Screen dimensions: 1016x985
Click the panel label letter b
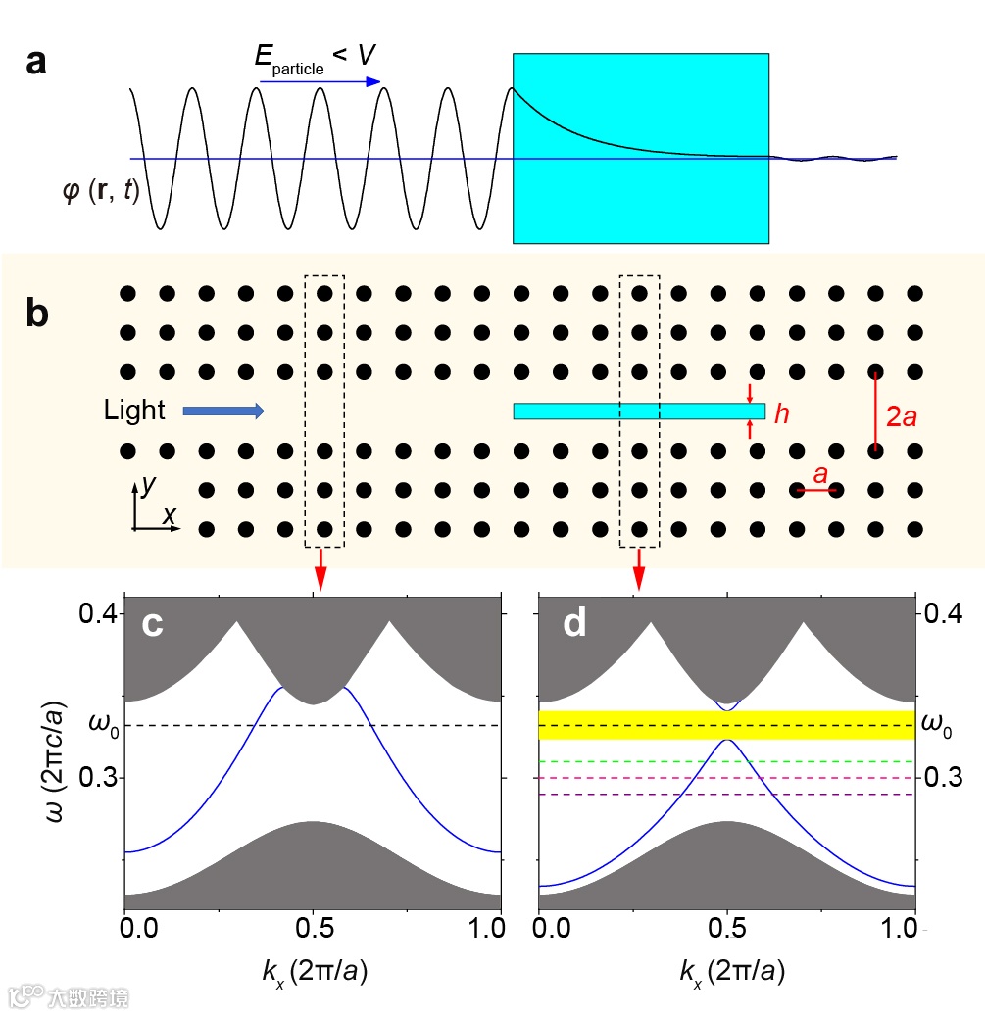36,315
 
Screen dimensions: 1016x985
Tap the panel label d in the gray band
573,624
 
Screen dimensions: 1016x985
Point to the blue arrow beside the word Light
223,411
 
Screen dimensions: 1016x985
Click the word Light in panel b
135,411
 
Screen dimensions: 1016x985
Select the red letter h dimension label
781,414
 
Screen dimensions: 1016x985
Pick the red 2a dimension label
902,416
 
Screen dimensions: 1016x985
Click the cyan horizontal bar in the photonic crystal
638,411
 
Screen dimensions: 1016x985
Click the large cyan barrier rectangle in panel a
640,147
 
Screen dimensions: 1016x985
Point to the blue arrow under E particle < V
320,81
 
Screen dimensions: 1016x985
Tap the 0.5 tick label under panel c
313,926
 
